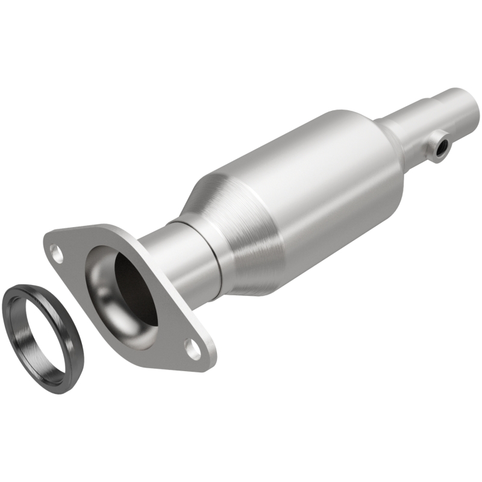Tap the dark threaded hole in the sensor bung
click(443, 146)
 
